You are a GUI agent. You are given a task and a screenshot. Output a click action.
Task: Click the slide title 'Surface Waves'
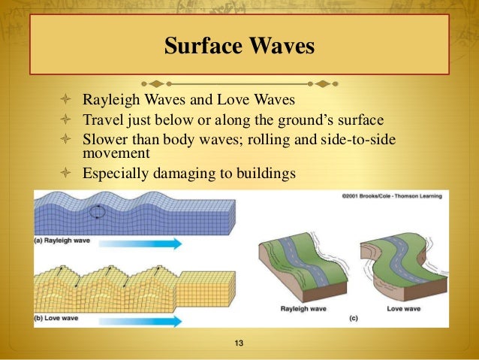click(x=239, y=47)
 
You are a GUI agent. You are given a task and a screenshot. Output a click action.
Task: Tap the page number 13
click(x=239, y=344)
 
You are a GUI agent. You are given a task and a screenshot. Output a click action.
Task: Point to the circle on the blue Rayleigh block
click(x=98, y=213)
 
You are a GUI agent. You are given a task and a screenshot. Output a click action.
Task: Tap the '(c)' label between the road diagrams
click(x=354, y=319)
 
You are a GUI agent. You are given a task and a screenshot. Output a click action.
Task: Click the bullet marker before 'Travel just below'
click(x=65, y=119)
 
